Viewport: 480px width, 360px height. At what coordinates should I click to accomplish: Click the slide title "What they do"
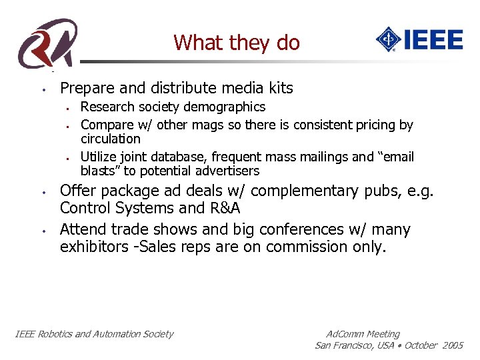(237, 43)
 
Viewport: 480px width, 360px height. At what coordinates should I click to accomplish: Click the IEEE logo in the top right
(419, 39)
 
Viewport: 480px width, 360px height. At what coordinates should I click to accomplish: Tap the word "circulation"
(111, 139)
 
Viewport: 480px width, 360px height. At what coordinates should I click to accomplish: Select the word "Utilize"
(99, 157)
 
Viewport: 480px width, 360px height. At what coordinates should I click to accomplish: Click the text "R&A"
(221, 209)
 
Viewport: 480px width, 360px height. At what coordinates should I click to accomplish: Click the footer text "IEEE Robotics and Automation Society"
(94, 334)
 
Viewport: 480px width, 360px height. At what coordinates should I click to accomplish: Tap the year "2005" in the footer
(452, 345)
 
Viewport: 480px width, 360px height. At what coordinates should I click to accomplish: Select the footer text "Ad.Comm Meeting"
(363, 334)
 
